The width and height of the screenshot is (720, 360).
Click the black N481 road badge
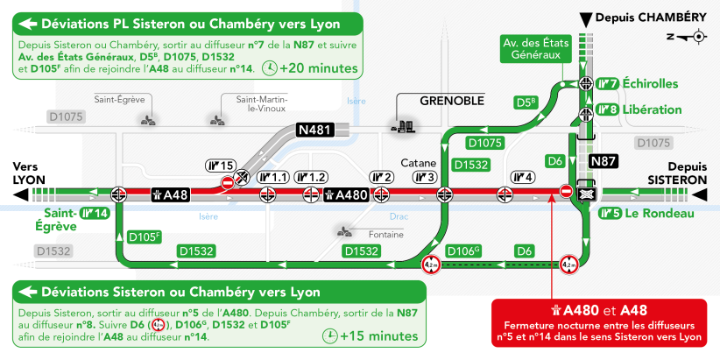314,130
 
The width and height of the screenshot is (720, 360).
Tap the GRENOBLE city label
452,101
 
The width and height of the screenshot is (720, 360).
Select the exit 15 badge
220,165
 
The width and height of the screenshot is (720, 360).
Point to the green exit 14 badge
95,213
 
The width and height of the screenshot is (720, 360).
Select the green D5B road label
526,103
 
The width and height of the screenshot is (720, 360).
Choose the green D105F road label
145,237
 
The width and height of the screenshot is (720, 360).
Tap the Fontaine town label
386,235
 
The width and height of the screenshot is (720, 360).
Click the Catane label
419,163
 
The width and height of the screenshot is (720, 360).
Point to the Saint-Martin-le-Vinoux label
261,103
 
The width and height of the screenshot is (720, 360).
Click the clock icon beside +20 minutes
270,68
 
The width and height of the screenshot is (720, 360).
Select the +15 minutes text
378,336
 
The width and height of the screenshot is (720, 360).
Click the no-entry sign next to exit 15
227,182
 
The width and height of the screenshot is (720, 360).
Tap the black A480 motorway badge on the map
346,195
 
